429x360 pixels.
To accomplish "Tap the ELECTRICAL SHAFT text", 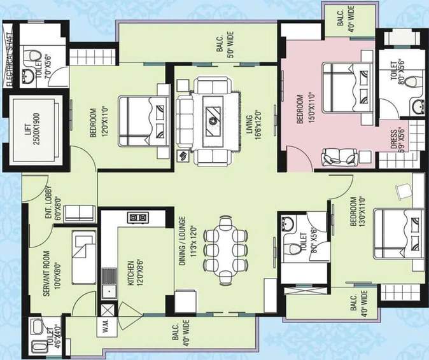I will pyautogui.click(x=9, y=58).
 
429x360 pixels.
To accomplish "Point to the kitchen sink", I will pyautogui.click(x=109, y=280).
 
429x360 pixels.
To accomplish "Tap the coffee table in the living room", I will pyautogui.click(x=212, y=118).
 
